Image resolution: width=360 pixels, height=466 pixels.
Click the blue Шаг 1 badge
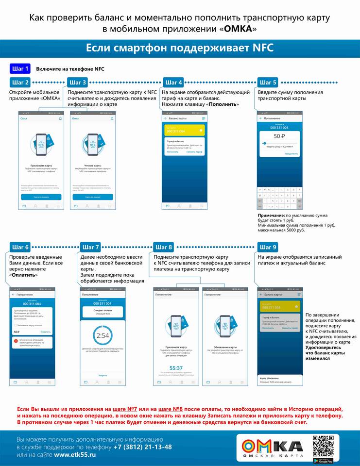[20, 68]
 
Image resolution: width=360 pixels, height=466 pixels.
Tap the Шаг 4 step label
[173, 83]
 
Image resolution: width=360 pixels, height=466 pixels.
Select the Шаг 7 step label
[91, 247]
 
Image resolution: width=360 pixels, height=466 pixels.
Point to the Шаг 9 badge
[268, 247]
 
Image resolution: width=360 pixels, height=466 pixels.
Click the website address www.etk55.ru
[74, 455]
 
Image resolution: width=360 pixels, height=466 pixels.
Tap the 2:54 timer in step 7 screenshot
[103, 335]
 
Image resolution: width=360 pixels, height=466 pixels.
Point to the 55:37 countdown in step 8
[176, 368]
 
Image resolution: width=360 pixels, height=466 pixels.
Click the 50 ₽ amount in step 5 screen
[279, 136]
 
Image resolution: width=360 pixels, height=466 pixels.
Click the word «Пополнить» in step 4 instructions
[223, 104]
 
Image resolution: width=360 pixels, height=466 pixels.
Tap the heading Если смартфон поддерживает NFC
[180, 48]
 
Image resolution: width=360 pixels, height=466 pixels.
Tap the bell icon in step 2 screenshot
[60, 118]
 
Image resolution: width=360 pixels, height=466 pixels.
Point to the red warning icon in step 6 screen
[16, 342]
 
